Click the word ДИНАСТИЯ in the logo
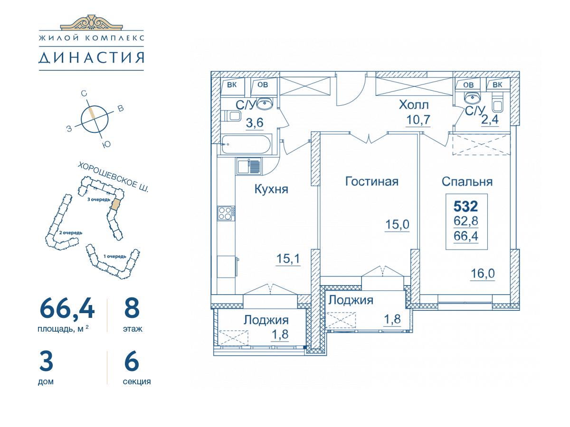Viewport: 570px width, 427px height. (x=91, y=58)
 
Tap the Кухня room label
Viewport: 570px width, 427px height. (x=271, y=189)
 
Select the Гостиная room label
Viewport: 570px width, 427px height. (x=371, y=182)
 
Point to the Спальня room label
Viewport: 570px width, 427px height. (x=467, y=182)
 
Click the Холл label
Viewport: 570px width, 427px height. (x=414, y=105)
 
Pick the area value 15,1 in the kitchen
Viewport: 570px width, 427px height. (x=288, y=259)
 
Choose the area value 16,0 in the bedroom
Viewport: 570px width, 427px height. (x=483, y=274)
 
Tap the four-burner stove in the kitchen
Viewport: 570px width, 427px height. (x=226, y=213)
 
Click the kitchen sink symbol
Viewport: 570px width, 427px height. (x=249, y=166)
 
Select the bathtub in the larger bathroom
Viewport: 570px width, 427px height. (x=246, y=144)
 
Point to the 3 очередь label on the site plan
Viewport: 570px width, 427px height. (x=99, y=200)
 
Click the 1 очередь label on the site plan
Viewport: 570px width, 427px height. (x=115, y=256)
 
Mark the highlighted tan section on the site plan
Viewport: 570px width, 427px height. (x=116, y=204)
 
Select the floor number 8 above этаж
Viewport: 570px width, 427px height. (x=132, y=308)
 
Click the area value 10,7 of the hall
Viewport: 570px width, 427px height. (x=418, y=120)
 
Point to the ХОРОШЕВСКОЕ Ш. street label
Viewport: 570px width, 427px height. (x=113, y=177)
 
